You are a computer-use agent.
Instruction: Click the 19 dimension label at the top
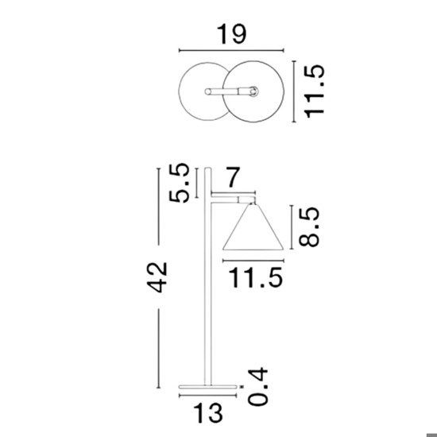click(231, 34)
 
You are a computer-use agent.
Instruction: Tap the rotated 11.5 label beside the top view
click(315, 91)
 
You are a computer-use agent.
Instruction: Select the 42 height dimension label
click(157, 277)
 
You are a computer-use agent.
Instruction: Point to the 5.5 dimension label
click(180, 183)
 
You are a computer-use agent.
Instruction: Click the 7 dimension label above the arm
click(233, 177)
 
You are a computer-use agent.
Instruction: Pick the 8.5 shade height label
click(309, 227)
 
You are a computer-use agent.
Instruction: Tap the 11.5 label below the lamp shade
click(256, 277)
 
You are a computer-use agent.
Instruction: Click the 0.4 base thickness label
click(257, 387)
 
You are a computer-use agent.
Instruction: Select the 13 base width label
click(208, 412)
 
